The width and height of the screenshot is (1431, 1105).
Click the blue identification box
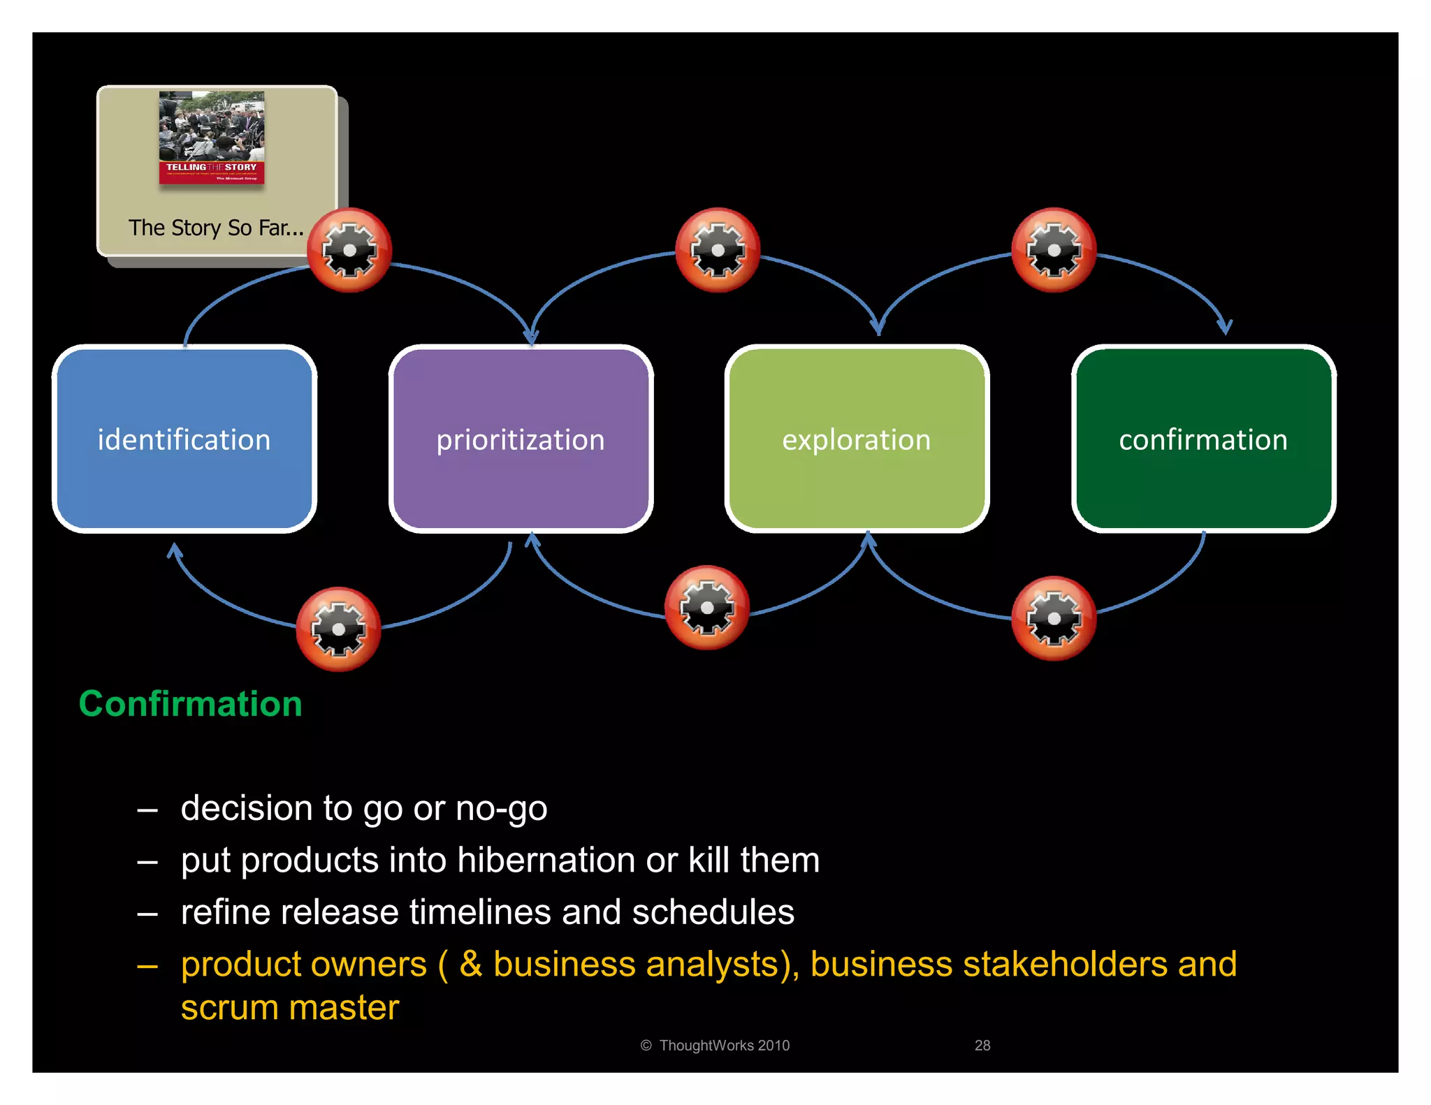(x=184, y=439)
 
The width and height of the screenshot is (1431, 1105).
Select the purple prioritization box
(x=521, y=439)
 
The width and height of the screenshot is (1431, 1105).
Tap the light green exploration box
(x=857, y=439)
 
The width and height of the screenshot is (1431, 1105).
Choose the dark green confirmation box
(x=1203, y=439)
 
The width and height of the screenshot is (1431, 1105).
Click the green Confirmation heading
(x=190, y=703)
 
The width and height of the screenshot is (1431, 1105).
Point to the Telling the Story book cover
(x=212, y=138)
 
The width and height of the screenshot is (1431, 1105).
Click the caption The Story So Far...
(x=216, y=228)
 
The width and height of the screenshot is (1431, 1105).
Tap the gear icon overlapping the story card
(x=349, y=250)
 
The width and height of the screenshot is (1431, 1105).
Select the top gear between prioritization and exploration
(x=718, y=250)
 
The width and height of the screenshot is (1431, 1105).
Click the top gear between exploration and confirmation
(x=1054, y=250)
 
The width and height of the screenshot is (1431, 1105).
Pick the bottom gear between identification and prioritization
(x=338, y=629)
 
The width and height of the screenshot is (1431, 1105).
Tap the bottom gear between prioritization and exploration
(x=707, y=608)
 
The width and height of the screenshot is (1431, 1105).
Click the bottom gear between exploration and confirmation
(x=1054, y=618)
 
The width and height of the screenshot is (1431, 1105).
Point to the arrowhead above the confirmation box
(x=1225, y=326)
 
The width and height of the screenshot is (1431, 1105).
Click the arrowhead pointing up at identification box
(x=175, y=551)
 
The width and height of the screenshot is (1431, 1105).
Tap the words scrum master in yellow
(x=290, y=1007)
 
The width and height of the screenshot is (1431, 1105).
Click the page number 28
(x=982, y=1045)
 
